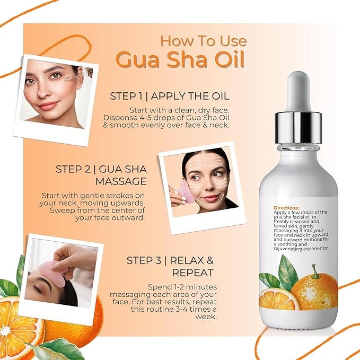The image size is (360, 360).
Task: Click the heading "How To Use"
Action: point(203,41)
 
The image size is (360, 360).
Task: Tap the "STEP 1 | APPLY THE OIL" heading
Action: point(169,96)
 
